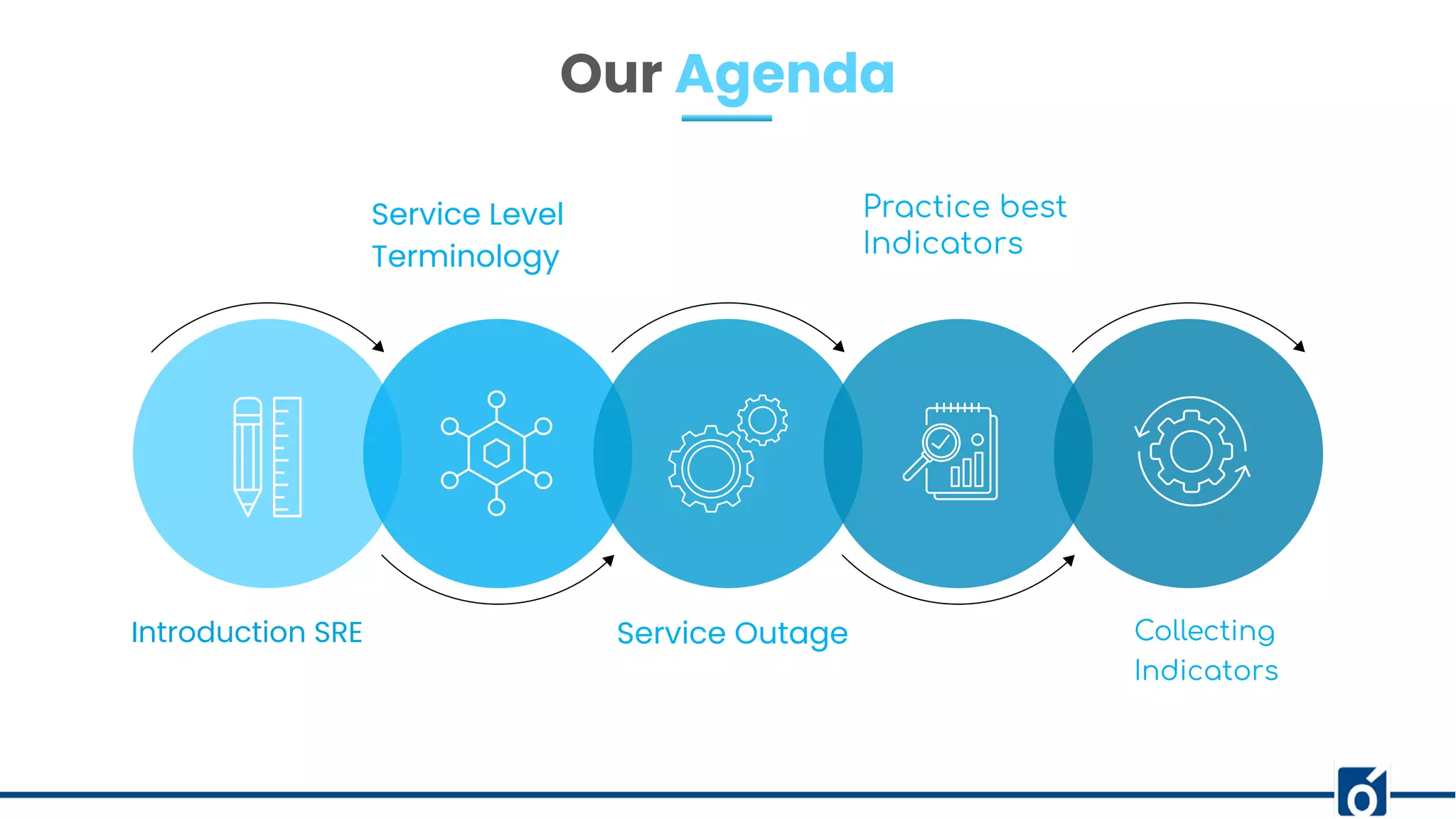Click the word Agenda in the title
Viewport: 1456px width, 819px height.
click(785, 75)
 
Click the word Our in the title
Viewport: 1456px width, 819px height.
click(611, 75)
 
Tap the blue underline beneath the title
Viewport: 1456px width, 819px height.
click(727, 118)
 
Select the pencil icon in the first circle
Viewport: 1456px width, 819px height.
click(247, 456)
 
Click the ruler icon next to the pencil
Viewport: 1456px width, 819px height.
click(287, 456)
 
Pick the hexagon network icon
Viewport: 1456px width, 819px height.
click(496, 453)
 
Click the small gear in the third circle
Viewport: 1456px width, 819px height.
click(762, 420)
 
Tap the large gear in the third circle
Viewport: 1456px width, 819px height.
click(710, 469)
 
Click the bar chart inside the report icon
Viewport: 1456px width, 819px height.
click(968, 470)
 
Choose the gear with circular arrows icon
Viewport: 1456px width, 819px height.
click(1192, 451)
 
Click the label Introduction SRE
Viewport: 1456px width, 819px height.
click(247, 632)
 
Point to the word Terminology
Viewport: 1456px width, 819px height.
click(465, 257)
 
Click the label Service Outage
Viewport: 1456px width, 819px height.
click(732, 633)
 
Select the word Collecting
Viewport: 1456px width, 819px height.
click(1204, 631)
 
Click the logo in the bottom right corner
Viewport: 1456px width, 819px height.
click(1362, 791)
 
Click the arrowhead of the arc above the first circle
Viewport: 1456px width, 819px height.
click(379, 346)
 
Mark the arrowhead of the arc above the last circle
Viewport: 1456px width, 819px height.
click(1300, 346)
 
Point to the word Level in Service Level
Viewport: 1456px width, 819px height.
click(526, 215)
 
